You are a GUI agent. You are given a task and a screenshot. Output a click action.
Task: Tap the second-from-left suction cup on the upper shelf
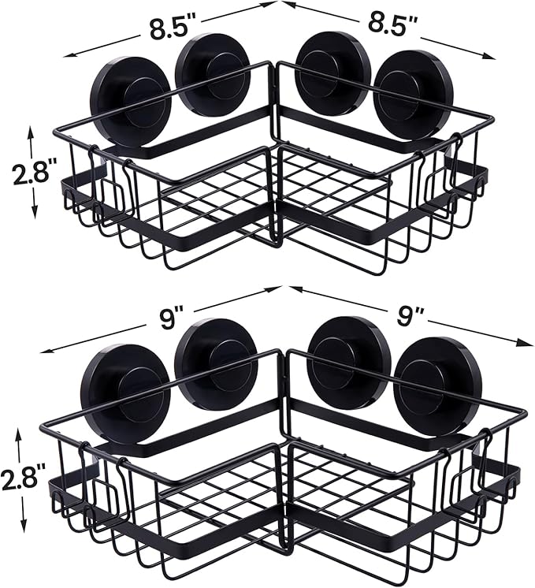[x=213, y=74]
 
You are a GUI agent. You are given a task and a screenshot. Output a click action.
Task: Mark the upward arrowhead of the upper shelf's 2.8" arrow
[x=32, y=130]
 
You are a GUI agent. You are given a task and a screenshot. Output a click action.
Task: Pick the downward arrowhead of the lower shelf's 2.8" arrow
[x=21, y=526]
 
